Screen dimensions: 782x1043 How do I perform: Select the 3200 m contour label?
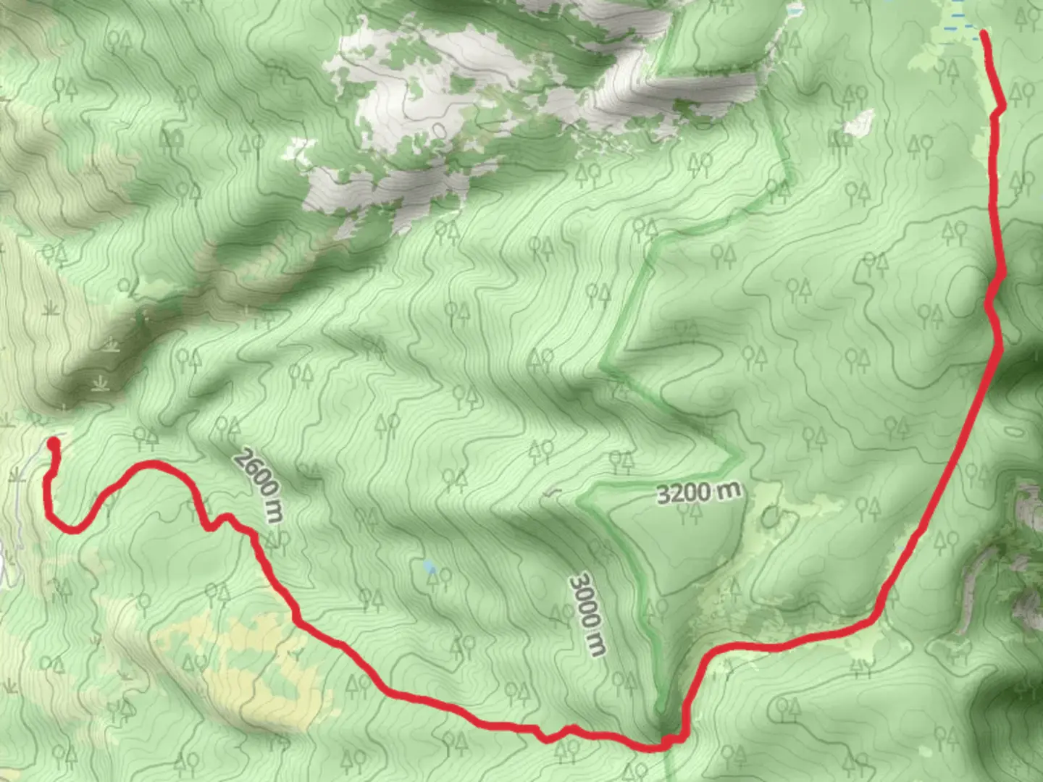coord(698,492)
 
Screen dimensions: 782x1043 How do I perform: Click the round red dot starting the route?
coord(53,443)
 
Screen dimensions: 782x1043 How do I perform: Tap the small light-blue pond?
coord(430,566)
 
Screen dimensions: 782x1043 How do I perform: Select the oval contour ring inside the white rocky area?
coord(437,130)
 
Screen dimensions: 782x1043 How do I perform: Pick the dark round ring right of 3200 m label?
coord(770,516)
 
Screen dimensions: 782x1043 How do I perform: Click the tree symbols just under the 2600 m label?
coord(275,539)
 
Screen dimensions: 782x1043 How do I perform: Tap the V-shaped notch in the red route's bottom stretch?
coord(547,739)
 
